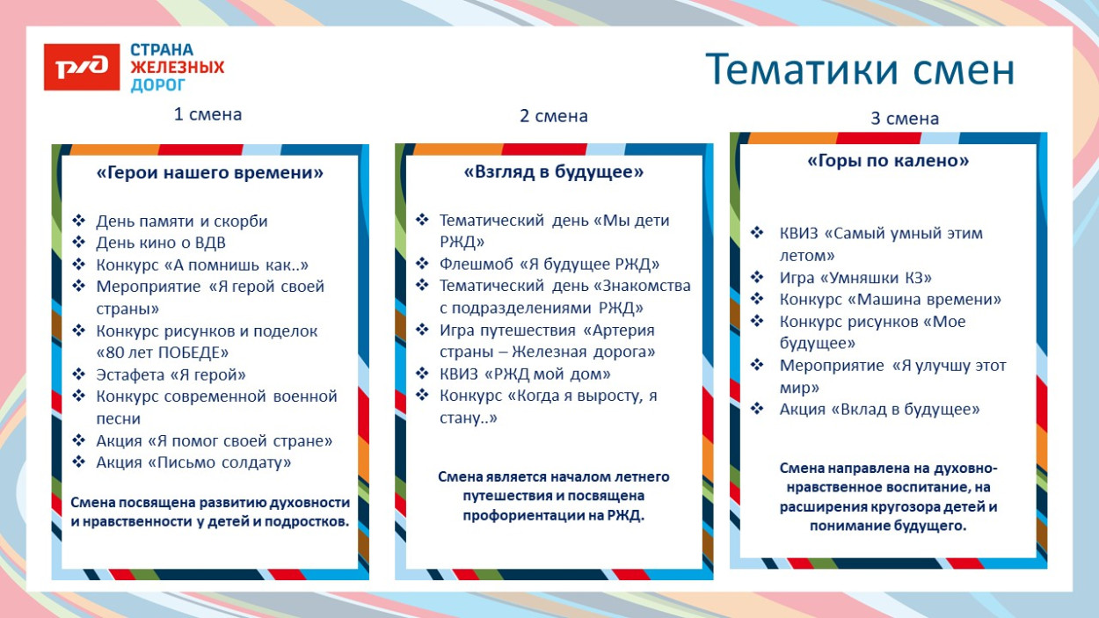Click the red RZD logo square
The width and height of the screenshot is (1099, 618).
[82, 67]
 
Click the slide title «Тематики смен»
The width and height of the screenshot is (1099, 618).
[860, 70]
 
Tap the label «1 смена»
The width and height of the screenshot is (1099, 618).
[207, 114]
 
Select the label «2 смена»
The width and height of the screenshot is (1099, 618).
[554, 116]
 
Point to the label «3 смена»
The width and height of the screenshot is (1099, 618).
[905, 119]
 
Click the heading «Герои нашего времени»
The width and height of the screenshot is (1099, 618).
[209, 173]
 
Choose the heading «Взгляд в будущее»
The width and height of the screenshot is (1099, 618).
[553, 172]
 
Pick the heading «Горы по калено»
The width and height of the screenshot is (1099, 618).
[888, 161]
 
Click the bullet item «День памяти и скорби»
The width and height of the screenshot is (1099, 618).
[181, 222]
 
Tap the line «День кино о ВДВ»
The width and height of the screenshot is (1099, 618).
[161, 244]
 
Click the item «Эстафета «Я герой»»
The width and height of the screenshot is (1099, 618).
[171, 375]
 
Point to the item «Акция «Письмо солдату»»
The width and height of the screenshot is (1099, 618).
[193, 462]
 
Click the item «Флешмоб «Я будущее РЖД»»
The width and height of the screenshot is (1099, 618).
[549, 264]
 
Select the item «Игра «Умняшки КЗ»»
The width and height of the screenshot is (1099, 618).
[855, 278]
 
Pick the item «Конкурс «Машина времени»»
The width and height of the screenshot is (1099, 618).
[890, 300]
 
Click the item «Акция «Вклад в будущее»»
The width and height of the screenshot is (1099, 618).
[879, 410]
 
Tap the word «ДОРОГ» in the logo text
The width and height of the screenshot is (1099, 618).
[158, 85]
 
